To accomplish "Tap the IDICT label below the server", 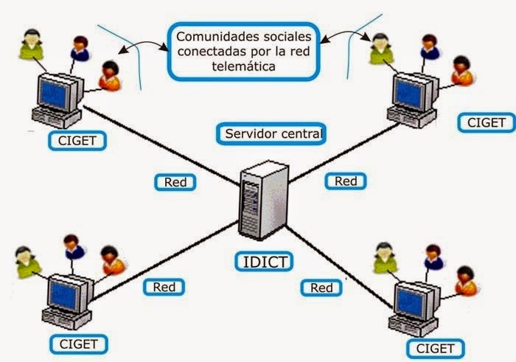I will point(262,262).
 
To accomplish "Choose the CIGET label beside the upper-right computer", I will point(487,122).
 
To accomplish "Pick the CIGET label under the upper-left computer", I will point(77,140).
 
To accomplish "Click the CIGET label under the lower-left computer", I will point(78,344).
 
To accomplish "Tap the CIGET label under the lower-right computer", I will point(435,347).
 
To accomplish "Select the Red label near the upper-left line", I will point(175,182).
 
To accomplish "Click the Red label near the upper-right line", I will point(345,181).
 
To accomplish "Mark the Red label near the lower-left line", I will point(164,287).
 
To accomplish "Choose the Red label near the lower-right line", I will point(321,288).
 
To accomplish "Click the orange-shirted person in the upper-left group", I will point(110,74).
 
